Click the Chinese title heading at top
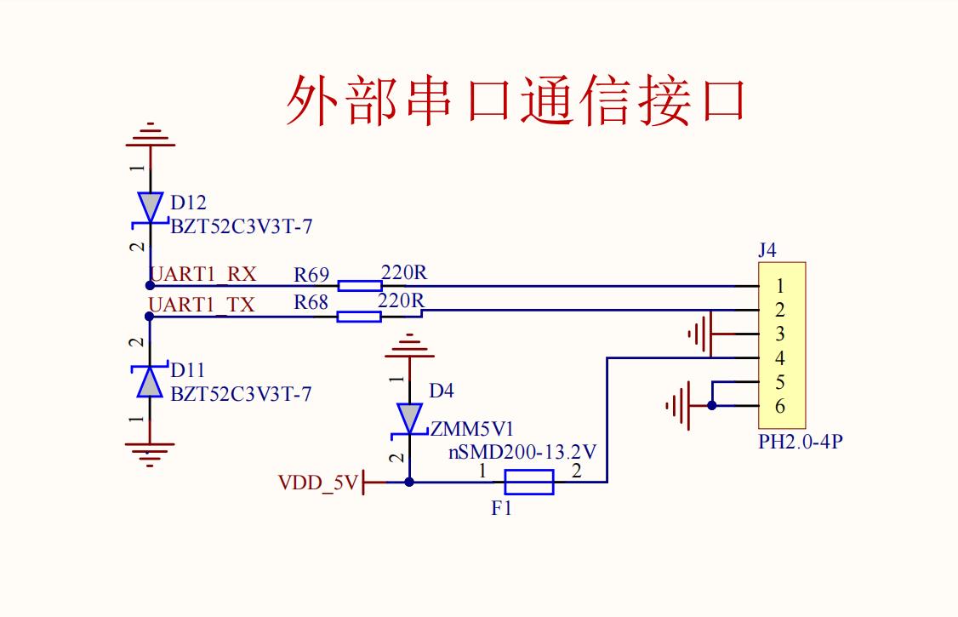(x=516, y=100)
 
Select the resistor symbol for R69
(x=359, y=285)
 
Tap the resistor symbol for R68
(x=359, y=317)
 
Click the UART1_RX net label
(x=203, y=274)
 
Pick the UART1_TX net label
(x=202, y=305)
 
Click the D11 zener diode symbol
(x=151, y=382)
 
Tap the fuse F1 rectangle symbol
(x=529, y=483)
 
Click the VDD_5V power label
(x=318, y=483)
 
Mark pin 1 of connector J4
(x=779, y=286)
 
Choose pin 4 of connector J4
(x=779, y=358)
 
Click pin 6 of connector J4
(x=779, y=406)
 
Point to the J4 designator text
(x=767, y=250)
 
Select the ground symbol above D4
(x=409, y=346)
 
